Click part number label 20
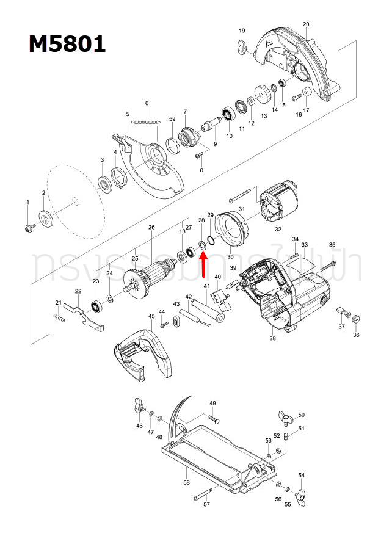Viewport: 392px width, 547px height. [x=306, y=24]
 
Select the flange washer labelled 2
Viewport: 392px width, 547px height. [x=46, y=219]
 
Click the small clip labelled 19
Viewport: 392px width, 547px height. [x=242, y=46]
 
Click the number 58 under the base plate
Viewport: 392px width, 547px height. [x=186, y=482]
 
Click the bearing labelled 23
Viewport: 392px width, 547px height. [x=96, y=304]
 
